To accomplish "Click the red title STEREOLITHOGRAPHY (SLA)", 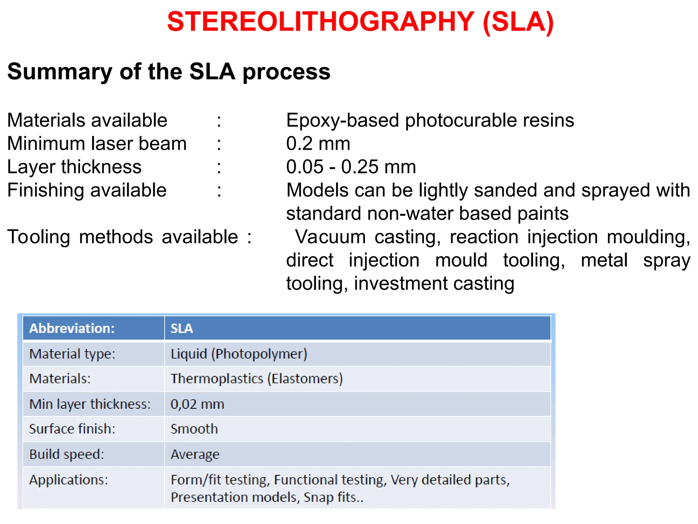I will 360,22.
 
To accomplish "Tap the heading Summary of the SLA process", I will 169,72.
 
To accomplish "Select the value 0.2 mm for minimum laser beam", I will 318,144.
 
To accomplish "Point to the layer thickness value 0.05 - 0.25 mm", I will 351,167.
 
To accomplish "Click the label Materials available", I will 87,120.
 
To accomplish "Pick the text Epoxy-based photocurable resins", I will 430,120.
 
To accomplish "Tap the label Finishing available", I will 87,190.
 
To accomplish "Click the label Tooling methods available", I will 123,237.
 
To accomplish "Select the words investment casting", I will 434,283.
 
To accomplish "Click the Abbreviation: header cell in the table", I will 72,328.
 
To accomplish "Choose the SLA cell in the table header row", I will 182,328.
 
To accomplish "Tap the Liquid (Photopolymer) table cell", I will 239,354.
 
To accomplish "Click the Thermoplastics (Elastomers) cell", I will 256,379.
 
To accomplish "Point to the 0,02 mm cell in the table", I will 197,404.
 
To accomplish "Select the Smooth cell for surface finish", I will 194,429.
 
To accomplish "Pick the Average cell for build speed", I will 195,454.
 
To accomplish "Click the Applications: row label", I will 69,480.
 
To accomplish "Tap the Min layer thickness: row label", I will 90,404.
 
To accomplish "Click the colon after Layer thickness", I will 219,167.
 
